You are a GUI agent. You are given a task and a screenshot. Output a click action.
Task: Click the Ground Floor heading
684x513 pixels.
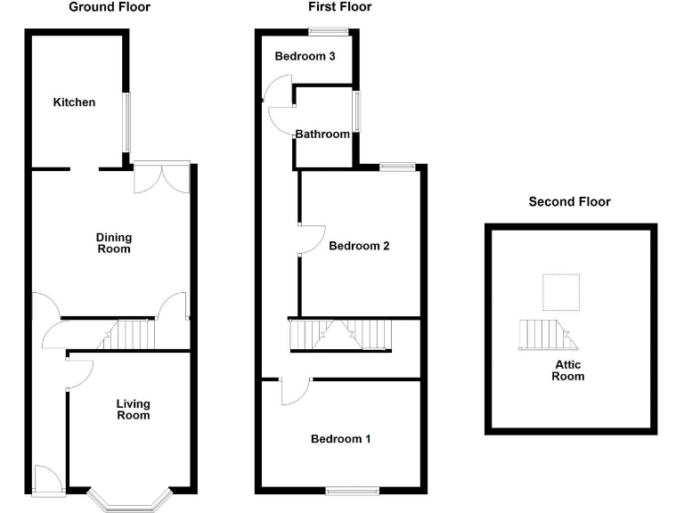point(110,7)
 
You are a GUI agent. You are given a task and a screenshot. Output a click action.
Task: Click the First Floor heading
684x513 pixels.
point(339,7)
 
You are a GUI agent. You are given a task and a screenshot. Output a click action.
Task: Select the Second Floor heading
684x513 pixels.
point(569,202)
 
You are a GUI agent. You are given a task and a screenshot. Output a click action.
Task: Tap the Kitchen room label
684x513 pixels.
point(74,102)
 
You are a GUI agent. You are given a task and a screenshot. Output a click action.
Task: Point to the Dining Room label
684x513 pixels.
point(114,243)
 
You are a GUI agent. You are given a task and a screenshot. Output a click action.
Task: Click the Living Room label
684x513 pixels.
point(133,410)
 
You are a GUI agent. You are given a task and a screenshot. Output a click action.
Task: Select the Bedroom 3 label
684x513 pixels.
point(305,56)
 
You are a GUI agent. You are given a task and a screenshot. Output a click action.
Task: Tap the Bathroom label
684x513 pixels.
point(322,134)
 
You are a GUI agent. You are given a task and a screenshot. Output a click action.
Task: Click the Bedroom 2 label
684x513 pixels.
point(359,247)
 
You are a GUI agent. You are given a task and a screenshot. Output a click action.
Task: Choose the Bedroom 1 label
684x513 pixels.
point(340,439)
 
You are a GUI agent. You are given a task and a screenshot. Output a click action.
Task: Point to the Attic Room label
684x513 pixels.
point(567,370)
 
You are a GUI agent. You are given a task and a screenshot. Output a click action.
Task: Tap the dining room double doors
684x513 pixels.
point(161,176)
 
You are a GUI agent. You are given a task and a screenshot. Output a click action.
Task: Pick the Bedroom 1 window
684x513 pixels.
point(352,489)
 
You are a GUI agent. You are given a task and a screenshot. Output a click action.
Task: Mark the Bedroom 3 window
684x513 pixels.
point(328,32)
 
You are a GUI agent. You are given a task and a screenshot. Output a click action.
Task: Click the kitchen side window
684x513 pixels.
point(126,122)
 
